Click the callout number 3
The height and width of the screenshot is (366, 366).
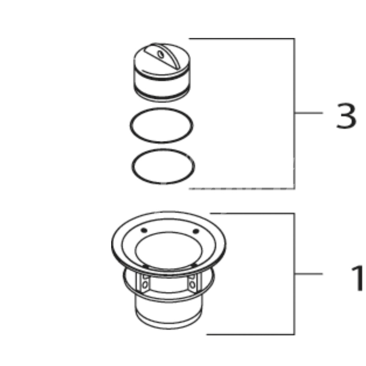[x=346, y=116]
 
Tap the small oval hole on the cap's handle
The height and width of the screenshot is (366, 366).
[x=161, y=54]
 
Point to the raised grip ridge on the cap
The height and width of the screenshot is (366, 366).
[x=163, y=55]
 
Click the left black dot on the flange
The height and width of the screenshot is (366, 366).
[x=144, y=231]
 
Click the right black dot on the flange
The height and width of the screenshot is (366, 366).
[x=196, y=231]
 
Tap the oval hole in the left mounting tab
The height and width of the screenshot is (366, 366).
[x=145, y=285]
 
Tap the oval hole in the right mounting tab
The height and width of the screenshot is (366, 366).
[x=192, y=285]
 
